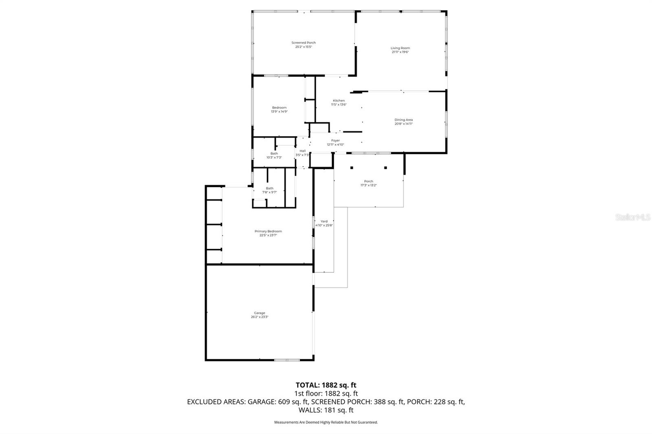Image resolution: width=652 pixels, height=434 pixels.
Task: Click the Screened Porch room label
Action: [x=304, y=43]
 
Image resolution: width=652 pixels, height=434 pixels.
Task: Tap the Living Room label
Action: [x=400, y=48]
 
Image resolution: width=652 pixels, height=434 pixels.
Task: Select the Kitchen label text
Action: [x=339, y=101]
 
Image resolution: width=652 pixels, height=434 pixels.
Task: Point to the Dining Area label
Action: [x=403, y=120]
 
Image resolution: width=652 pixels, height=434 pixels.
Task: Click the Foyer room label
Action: [x=335, y=140]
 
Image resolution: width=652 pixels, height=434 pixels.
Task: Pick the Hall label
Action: [x=302, y=151]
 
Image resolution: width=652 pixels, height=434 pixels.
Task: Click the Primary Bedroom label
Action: [x=268, y=231]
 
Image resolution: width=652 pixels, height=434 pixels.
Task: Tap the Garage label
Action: [x=260, y=313]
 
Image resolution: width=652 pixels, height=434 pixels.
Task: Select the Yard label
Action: [x=324, y=221]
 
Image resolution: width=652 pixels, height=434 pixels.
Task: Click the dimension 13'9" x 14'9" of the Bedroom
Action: [x=280, y=112]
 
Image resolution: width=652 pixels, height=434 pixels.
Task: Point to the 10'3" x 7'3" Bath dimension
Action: [x=274, y=158]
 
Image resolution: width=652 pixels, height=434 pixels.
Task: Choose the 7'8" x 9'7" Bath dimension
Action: [x=269, y=192]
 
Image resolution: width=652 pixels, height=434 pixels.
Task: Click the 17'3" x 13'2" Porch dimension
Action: [x=368, y=185]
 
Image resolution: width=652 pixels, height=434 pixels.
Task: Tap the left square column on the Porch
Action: [x=352, y=168]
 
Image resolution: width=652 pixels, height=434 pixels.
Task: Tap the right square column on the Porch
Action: [x=385, y=168]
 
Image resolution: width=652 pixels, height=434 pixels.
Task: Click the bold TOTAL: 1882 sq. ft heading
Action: [x=326, y=385]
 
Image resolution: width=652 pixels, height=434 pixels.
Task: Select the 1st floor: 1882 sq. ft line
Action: [x=326, y=393]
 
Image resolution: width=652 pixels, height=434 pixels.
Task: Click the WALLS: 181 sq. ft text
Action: [x=326, y=410]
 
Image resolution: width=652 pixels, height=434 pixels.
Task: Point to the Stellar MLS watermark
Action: [x=633, y=217]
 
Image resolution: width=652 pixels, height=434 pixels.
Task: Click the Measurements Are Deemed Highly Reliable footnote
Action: [x=326, y=422]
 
